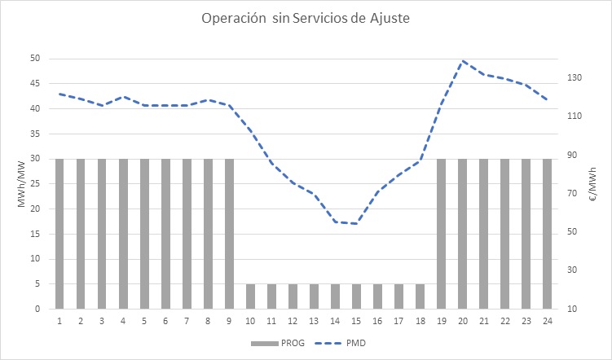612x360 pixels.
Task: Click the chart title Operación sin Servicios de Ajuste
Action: click(305, 18)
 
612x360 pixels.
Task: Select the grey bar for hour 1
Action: click(59, 234)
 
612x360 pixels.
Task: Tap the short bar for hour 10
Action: click(250, 296)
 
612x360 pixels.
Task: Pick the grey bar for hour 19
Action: click(441, 234)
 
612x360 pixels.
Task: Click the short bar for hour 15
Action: click(356, 296)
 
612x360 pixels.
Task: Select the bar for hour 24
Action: click(547, 234)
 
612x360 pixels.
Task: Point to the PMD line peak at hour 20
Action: click(463, 61)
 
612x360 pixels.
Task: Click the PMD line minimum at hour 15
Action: click(356, 223)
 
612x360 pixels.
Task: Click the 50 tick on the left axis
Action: click(35, 59)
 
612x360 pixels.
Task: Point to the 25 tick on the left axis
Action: click(35, 184)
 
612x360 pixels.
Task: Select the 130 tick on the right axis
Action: click(575, 78)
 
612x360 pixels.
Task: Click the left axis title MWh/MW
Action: click(21, 184)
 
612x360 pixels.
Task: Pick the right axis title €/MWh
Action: click(596, 184)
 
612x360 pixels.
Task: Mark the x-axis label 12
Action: click(293, 321)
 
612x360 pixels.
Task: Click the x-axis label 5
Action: click(144, 321)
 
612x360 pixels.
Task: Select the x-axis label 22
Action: click(504, 321)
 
